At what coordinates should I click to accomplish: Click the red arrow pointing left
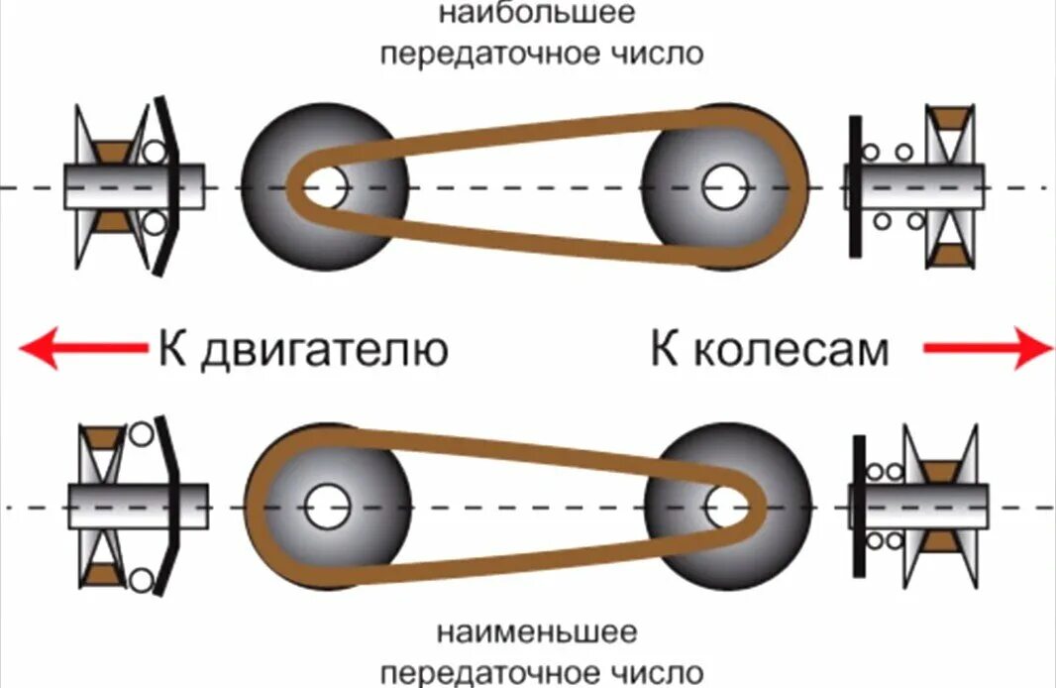tap(79, 348)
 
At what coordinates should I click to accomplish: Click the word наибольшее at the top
tap(542, 15)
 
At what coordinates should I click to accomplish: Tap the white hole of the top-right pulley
tap(722, 186)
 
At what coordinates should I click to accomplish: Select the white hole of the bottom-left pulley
tap(326, 508)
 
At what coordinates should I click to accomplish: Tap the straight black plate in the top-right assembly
tap(854, 185)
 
